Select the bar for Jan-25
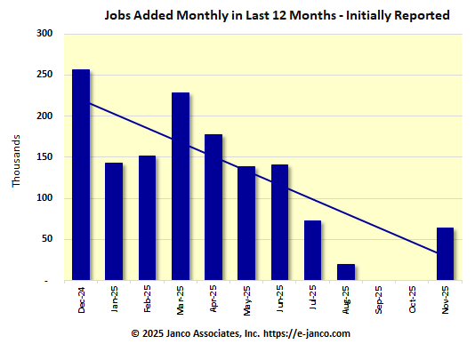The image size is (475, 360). (x=114, y=221)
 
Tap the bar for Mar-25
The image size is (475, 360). (x=181, y=187)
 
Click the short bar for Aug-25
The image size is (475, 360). (x=346, y=272)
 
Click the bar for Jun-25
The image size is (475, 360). (x=279, y=222)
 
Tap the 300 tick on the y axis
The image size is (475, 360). (x=44, y=34)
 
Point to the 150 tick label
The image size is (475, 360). (x=44, y=157)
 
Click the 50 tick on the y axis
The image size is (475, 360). (x=47, y=239)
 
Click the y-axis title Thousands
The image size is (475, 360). (x=16, y=161)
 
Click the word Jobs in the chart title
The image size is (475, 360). (x=120, y=15)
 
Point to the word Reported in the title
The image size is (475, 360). (x=420, y=15)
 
